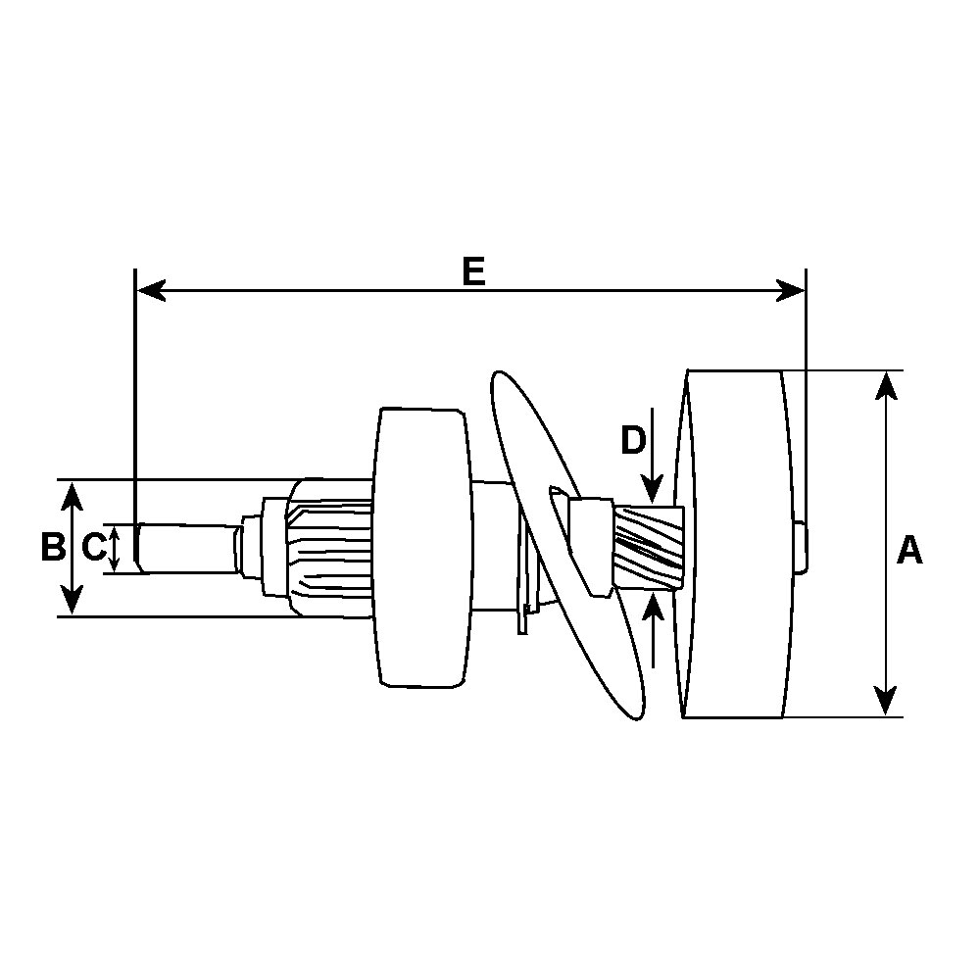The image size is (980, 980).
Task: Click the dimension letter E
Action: (x=473, y=271)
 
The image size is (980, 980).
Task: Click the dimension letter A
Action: (x=908, y=549)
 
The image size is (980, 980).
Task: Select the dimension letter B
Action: (x=53, y=546)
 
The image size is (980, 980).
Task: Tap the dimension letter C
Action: (x=94, y=547)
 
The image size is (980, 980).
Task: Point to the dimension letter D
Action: (x=632, y=440)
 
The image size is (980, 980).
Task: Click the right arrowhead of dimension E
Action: (x=790, y=291)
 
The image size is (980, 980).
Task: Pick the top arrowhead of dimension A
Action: (x=886, y=385)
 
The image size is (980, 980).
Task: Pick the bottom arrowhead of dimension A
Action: (x=886, y=701)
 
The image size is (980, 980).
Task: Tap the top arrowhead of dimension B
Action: (x=73, y=496)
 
